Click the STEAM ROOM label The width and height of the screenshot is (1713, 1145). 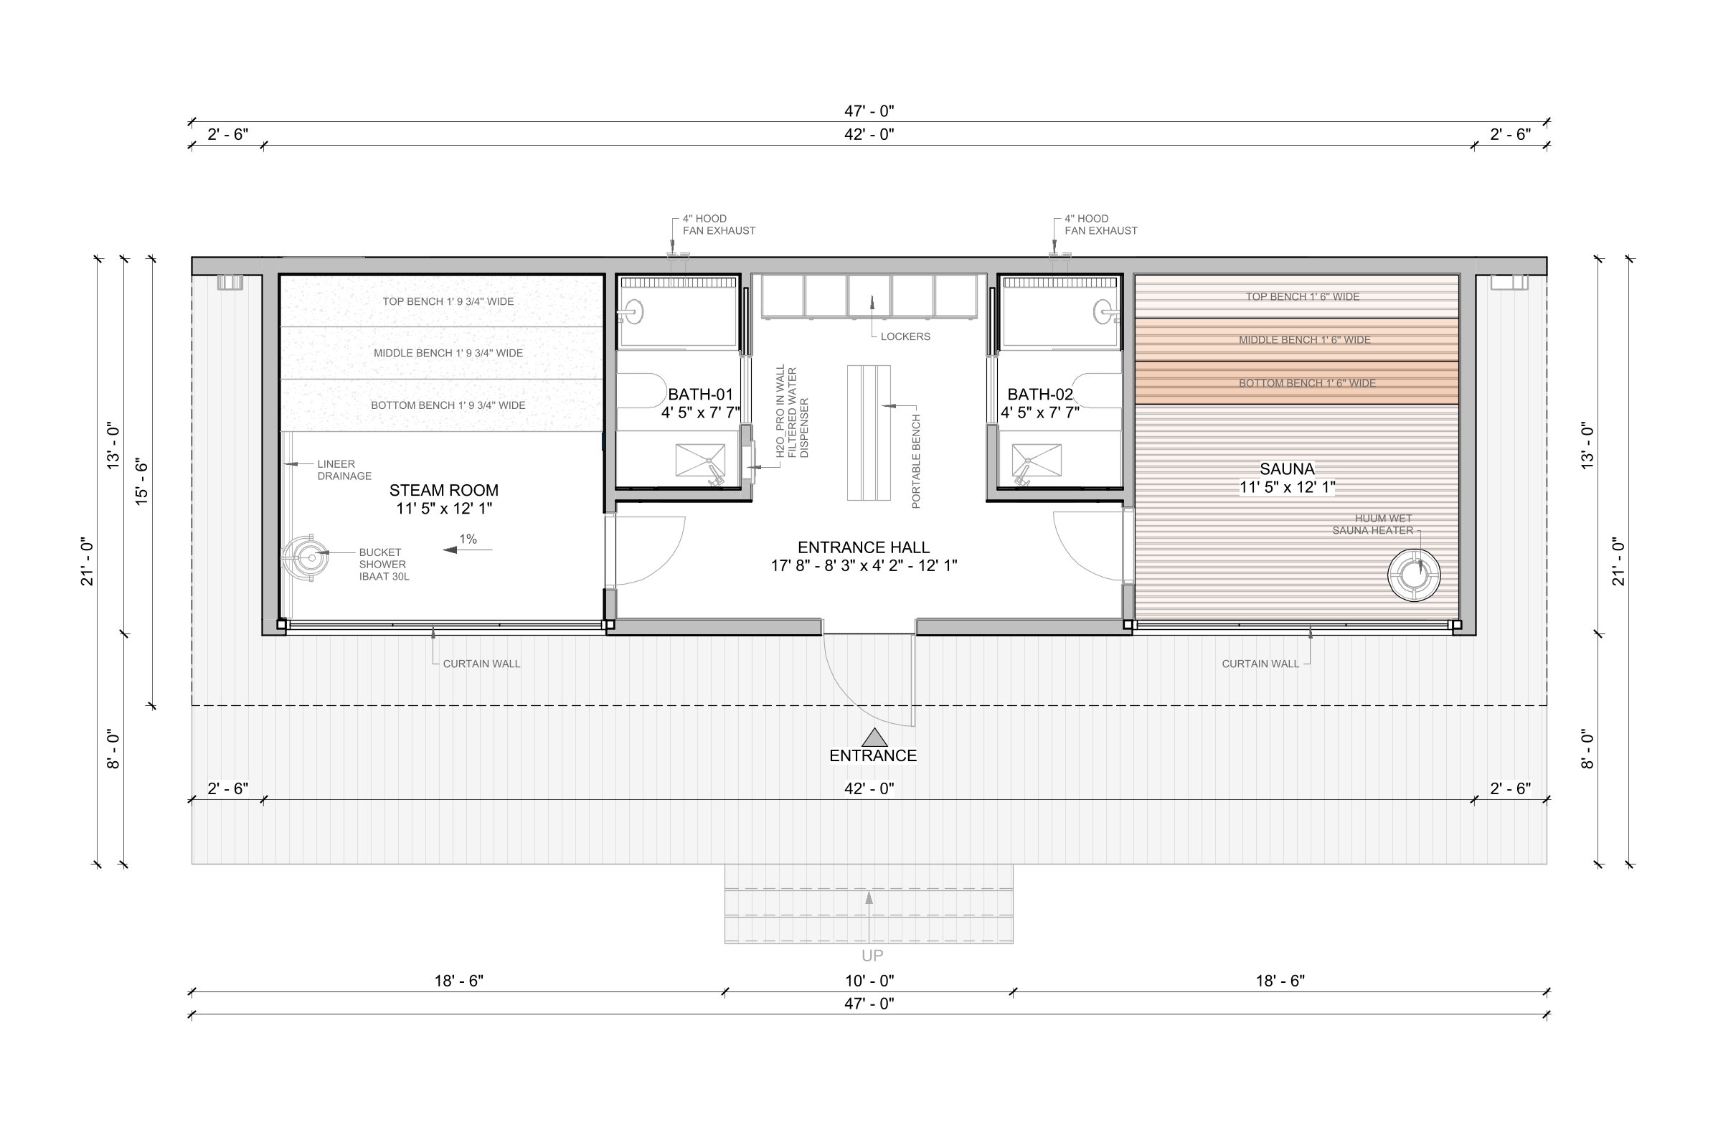[444, 490]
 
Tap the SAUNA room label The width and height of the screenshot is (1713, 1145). [1287, 468]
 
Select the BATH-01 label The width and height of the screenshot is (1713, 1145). [700, 395]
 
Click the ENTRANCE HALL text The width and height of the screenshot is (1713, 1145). [863, 547]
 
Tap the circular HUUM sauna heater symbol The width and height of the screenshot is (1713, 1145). [1414, 575]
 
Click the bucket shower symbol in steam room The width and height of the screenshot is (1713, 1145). [307, 558]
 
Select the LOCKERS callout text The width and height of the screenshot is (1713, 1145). [905, 336]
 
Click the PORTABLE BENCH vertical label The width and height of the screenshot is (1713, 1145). [916, 461]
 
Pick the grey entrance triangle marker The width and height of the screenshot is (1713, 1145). [874, 738]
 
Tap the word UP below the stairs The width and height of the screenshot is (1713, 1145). [872, 955]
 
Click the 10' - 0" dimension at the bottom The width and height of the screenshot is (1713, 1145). [869, 981]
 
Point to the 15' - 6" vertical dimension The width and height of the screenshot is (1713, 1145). [141, 481]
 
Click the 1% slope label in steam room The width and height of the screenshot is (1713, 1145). [468, 539]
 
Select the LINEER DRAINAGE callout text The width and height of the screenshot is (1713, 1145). [344, 469]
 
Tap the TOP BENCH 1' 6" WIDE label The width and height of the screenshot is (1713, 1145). [1303, 296]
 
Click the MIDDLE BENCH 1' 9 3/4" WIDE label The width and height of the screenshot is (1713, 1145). [448, 353]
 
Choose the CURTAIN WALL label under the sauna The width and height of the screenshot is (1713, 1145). [1260, 664]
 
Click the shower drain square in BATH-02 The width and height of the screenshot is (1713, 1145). [1037, 460]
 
